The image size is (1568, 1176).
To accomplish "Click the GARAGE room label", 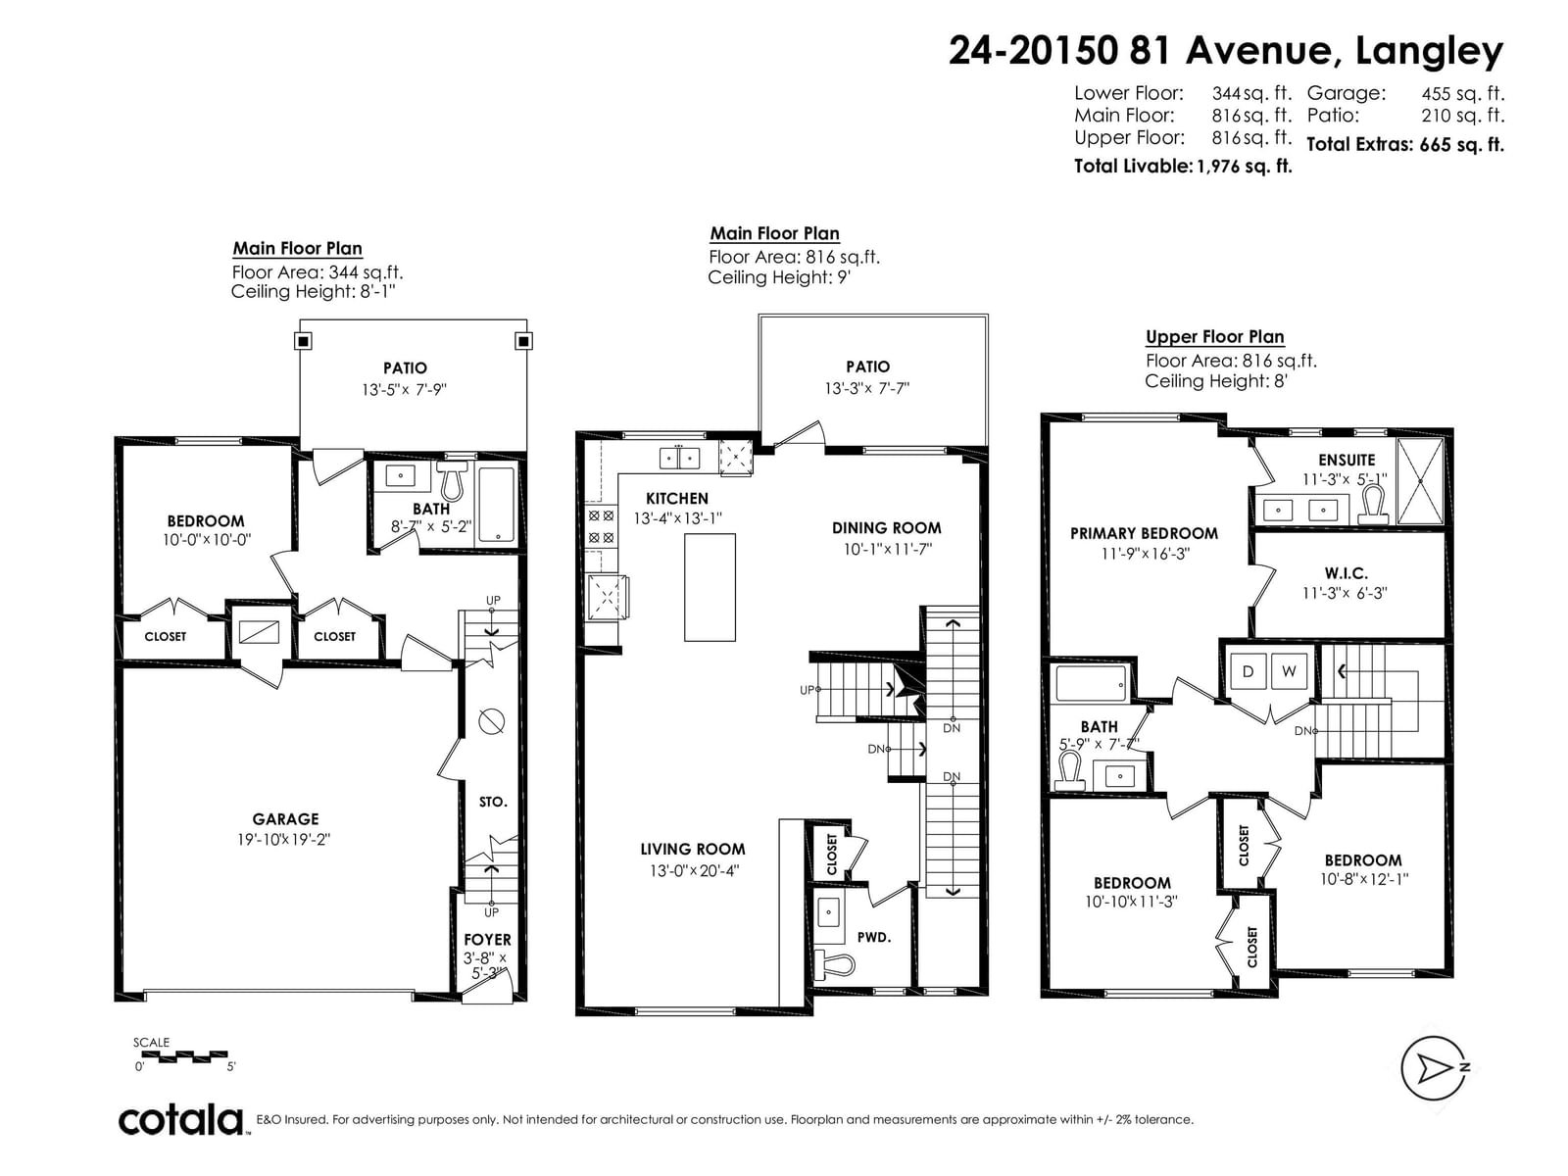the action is point(285,819).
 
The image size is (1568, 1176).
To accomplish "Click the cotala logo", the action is point(180,1120).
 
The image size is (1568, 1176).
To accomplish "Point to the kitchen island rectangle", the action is point(710,587).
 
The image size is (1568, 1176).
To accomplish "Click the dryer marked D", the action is point(1248,670).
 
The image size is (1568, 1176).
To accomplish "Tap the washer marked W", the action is point(1289,670).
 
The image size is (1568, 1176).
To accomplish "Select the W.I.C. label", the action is point(1346,572).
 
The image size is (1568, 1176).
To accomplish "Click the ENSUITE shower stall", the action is point(1420,481).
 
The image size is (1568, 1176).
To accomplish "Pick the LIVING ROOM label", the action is point(692,849).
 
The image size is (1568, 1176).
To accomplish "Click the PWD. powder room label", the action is point(873,937).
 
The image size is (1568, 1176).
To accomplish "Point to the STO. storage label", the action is point(493,802).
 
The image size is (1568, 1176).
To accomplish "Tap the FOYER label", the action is point(487,940).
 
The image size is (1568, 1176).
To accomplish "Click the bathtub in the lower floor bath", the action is point(496,504).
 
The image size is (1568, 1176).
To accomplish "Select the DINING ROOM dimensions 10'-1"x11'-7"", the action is point(887,549).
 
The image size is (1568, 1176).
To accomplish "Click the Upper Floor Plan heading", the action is point(1214,336).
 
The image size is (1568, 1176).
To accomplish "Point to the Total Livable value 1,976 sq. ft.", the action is point(1245,167).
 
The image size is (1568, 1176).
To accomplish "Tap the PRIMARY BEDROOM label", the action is point(1144,533).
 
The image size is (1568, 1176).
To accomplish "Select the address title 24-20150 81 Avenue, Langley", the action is point(1226,51).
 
